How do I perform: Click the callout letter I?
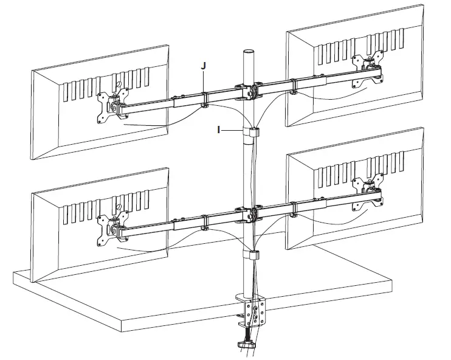(x=218, y=129)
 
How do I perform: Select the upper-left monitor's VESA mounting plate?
(x=114, y=105)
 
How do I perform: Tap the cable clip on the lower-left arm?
(x=204, y=223)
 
